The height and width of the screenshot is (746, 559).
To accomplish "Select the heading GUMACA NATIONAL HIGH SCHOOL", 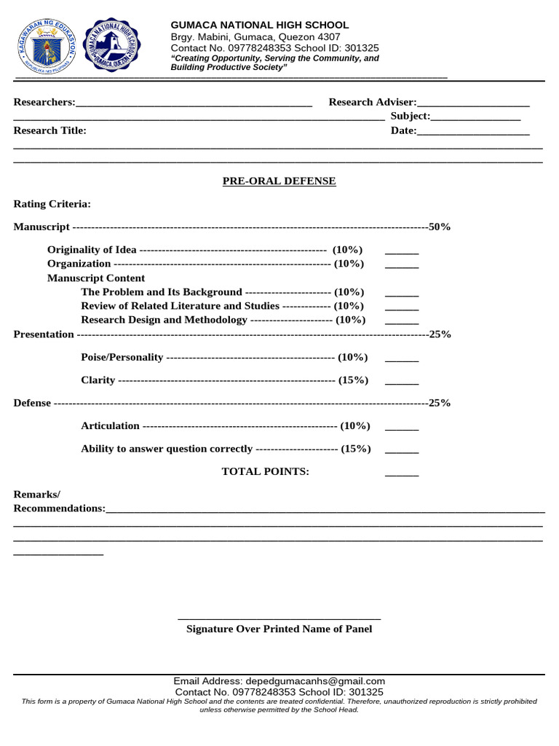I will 259,25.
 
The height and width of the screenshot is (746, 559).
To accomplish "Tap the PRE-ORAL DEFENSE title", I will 279,181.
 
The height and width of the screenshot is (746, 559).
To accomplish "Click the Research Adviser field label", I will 372,102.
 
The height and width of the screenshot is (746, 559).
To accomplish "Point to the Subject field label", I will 410,116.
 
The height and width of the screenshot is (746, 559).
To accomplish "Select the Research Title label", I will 50,130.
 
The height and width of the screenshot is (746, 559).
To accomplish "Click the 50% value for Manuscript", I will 440,227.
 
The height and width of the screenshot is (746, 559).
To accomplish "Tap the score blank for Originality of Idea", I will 402,251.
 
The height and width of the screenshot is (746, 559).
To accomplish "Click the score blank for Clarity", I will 402,381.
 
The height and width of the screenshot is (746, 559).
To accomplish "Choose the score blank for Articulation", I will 402,427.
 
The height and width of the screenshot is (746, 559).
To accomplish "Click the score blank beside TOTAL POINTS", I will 402,473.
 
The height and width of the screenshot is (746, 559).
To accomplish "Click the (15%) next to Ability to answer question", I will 355,449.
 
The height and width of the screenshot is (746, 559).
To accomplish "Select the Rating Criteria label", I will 52,204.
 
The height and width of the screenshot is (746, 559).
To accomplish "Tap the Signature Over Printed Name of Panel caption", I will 279,629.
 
